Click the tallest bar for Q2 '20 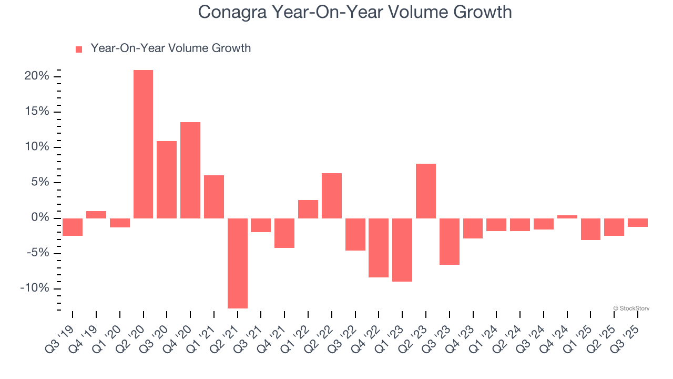click(x=143, y=144)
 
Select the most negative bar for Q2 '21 click(x=237, y=263)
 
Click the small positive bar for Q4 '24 click(x=567, y=216)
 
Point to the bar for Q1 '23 click(x=402, y=250)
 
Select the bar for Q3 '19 click(x=73, y=227)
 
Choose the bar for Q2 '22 click(x=331, y=196)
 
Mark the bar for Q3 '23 click(x=449, y=242)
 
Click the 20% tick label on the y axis click(x=37, y=76)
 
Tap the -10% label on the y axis click(x=35, y=288)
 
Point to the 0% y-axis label click(x=40, y=218)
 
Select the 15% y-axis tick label click(x=37, y=112)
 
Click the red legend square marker click(x=79, y=49)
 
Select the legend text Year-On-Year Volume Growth click(x=170, y=48)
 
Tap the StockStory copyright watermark click(x=631, y=308)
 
